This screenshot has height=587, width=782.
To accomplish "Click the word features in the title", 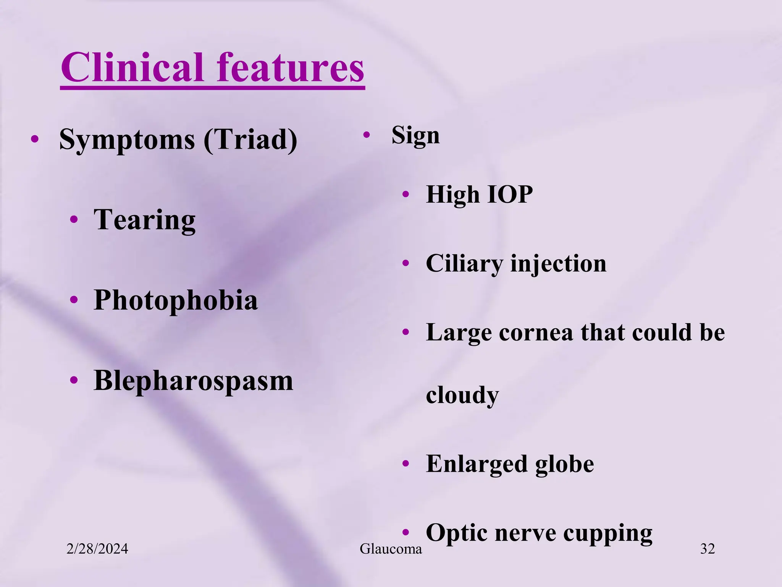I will tap(290, 68).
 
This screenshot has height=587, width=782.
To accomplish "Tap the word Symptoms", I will tap(127, 140).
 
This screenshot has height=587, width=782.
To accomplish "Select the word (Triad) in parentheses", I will tap(250, 140).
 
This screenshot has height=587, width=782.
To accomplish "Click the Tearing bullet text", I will tap(144, 220).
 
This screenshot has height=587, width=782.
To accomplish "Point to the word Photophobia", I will tap(176, 300).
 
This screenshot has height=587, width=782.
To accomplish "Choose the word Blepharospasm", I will tap(193, 381).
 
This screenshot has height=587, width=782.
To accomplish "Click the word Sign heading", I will tap(415, 136).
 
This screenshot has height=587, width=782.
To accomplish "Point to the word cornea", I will tap(536, 332).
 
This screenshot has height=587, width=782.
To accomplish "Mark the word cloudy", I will tap(462, 395).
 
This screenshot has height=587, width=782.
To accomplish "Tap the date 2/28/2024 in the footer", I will tap(97, 549).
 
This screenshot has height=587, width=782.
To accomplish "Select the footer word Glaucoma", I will tap(391, 549).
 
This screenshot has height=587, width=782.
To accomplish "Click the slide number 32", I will tap(707, 549).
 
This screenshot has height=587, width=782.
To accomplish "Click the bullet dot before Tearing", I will tap(74, 220).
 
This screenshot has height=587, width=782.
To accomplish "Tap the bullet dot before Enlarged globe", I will tap(406, 464).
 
